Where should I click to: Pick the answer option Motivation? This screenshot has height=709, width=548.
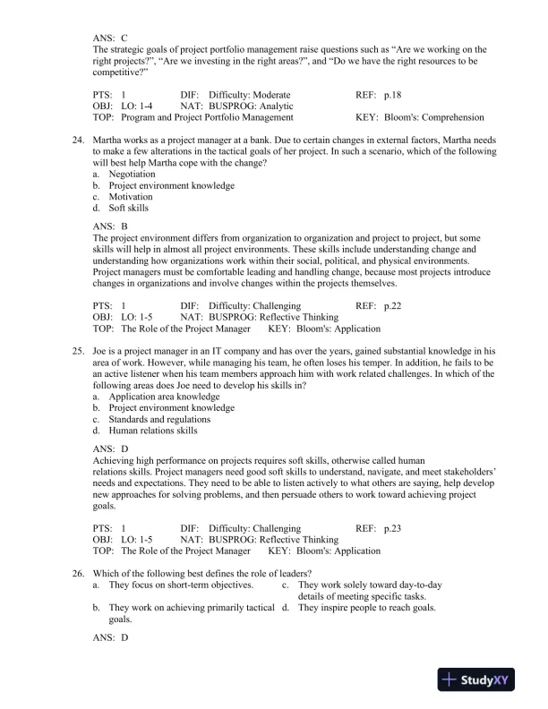coord(131,197)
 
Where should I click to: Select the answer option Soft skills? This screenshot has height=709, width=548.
coord(129,209)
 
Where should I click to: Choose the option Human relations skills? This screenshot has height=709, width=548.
coord(152,431)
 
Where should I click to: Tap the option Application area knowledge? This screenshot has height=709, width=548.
coord(161,397)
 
